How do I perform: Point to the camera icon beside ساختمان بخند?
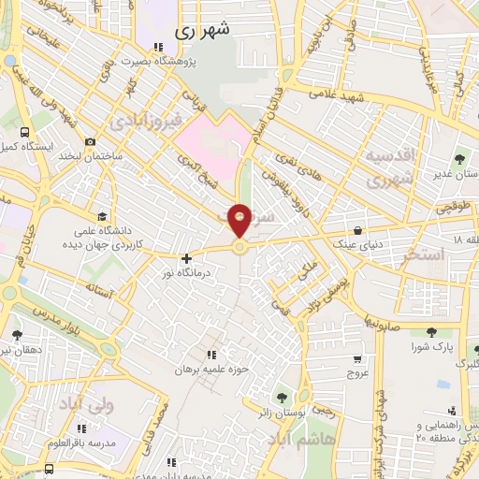click(x=90, y=142)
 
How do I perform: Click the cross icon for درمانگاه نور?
click(x=187, y=258)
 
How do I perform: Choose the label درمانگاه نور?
click(x=187, y=272)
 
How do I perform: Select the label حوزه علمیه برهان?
click(x=210, y=369)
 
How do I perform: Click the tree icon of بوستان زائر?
click(x=282, y=398)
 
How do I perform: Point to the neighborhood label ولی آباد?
click(x=85, y=404)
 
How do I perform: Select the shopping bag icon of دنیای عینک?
click(x=359, y=229)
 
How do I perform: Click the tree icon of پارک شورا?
click(x=430, y=332)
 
